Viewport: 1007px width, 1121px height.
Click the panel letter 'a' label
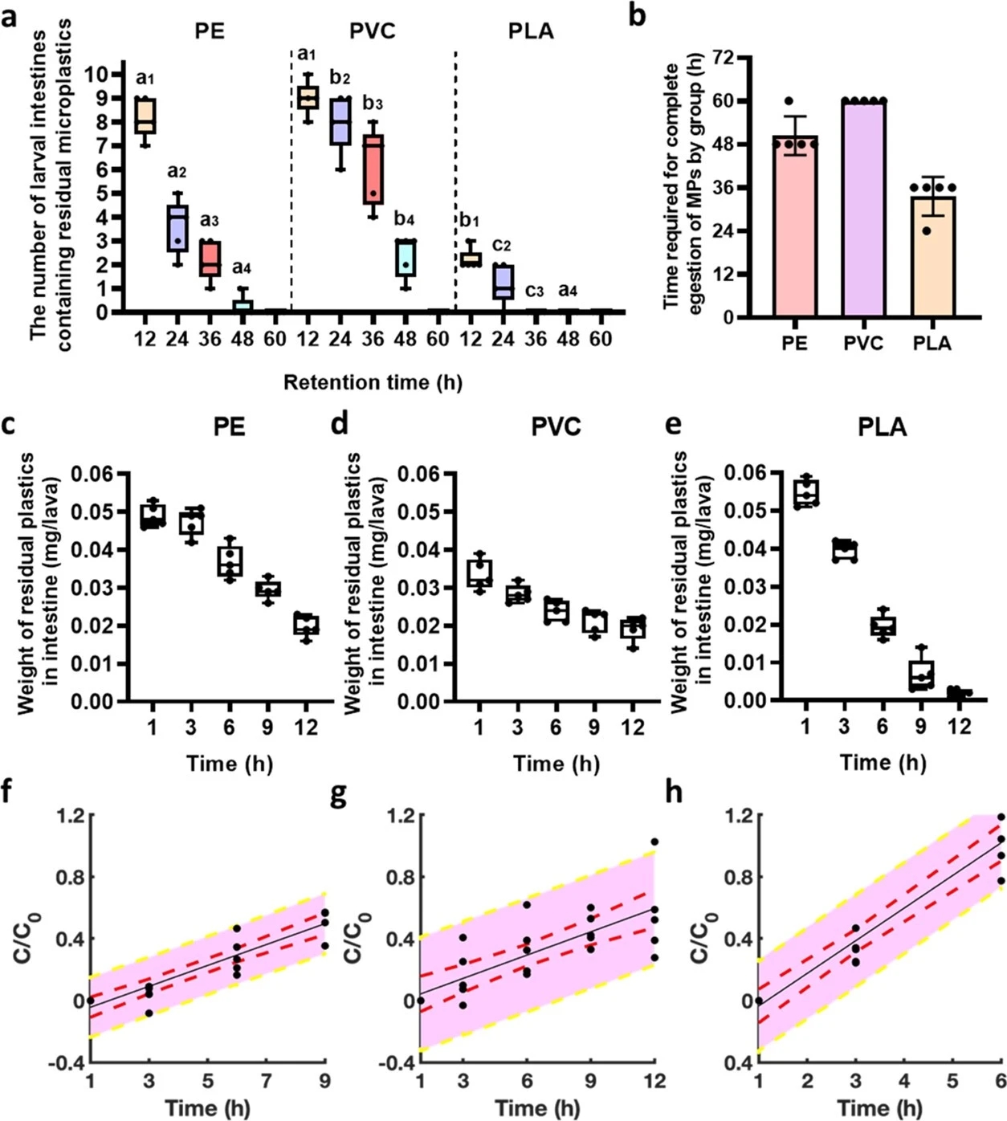10,16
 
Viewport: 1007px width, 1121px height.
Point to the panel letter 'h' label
674,793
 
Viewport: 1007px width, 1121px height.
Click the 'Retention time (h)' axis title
373,382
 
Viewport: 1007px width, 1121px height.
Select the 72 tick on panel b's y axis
723,58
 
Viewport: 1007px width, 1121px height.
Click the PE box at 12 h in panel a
145,116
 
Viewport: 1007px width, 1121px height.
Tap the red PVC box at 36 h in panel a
373,169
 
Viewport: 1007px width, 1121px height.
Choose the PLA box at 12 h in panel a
471,259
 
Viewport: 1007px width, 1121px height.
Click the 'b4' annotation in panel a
405,218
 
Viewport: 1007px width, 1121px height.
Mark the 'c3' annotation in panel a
534,291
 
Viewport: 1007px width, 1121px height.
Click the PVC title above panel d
556,426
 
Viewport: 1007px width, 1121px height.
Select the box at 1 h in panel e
805,492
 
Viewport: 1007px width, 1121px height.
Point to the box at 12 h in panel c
306,625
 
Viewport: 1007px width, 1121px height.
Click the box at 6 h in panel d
556,611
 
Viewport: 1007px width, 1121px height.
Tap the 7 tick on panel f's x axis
267,1081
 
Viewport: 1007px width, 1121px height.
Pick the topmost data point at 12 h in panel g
654,842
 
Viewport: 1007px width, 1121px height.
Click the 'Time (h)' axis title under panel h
879,1108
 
